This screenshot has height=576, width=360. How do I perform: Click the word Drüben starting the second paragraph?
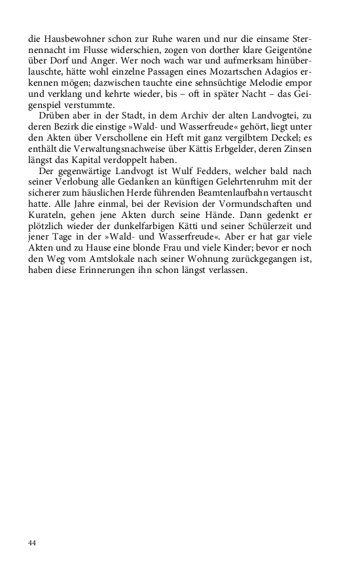[53, 120]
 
